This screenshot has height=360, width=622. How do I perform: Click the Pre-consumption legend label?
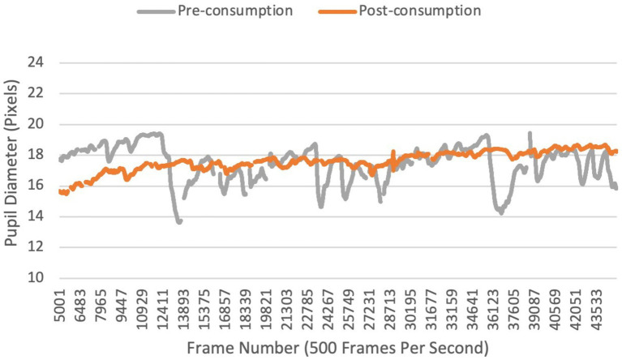(x=238, y=11)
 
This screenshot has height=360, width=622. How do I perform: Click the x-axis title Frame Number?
(x=337, y=349)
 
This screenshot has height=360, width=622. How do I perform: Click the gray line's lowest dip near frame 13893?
(x=178, y=221)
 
